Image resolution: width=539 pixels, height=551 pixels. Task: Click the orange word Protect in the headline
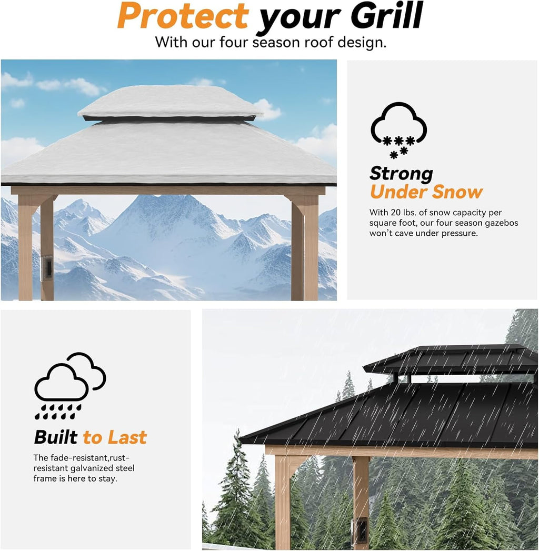click(x=183, y=16)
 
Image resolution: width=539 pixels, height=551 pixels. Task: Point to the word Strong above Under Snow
click(x=401, y=173)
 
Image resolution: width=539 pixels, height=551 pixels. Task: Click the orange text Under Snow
click(x=426, y=192)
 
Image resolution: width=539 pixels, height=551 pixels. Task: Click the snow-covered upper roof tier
click(x=169, y=102)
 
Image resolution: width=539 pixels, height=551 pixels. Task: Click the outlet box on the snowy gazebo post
click(x=47, y=267)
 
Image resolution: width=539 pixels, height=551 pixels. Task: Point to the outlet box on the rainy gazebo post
click(x=361, y=529)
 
